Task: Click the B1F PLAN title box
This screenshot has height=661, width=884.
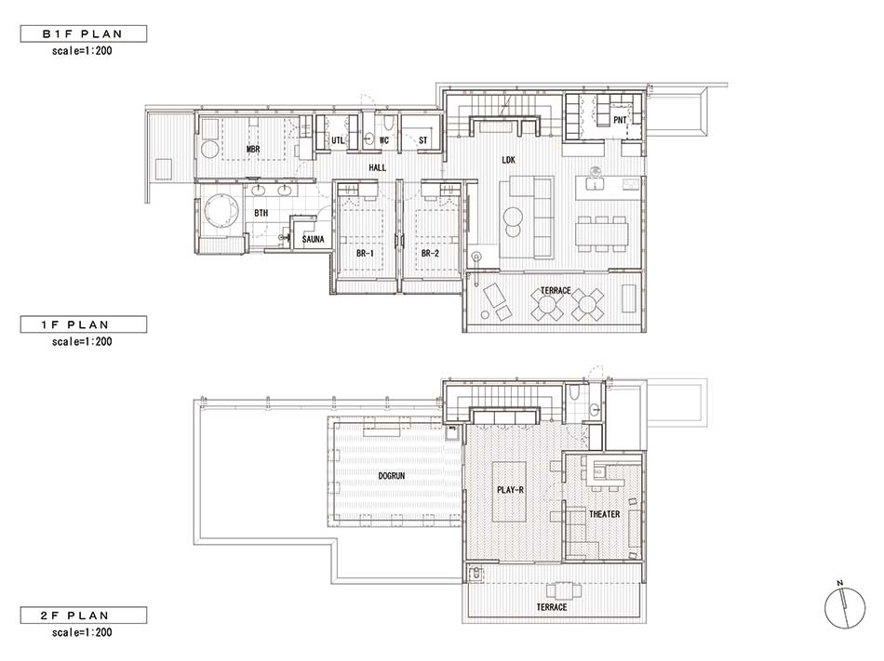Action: coord(84,33)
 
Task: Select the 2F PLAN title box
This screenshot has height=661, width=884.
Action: coord(84,615)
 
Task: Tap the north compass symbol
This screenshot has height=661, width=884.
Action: coord(845,607)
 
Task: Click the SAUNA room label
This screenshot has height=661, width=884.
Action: coord(313,239)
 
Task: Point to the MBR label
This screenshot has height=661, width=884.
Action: coord(253,149)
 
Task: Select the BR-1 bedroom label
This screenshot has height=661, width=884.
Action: coord(365,254)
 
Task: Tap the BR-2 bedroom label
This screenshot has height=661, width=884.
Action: coord(430,254)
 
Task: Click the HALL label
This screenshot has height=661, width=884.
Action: coord(377,167)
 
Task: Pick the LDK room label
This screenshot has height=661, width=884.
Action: coord(508,161)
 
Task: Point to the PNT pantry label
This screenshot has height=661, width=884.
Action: coord(620,120)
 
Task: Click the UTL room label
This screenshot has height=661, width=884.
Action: coord(337,140)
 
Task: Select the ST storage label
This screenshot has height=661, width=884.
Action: coord(422,140)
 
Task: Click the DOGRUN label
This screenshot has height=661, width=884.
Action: coord(391,476)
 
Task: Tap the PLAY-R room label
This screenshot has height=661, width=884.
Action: coord(510,490)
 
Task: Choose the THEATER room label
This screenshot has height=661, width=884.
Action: coord(604,514)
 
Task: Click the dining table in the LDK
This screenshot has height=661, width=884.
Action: coord(602,233)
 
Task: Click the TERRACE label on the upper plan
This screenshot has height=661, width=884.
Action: coord(556,291)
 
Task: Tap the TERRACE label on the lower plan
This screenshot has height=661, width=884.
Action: coord(552,607)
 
